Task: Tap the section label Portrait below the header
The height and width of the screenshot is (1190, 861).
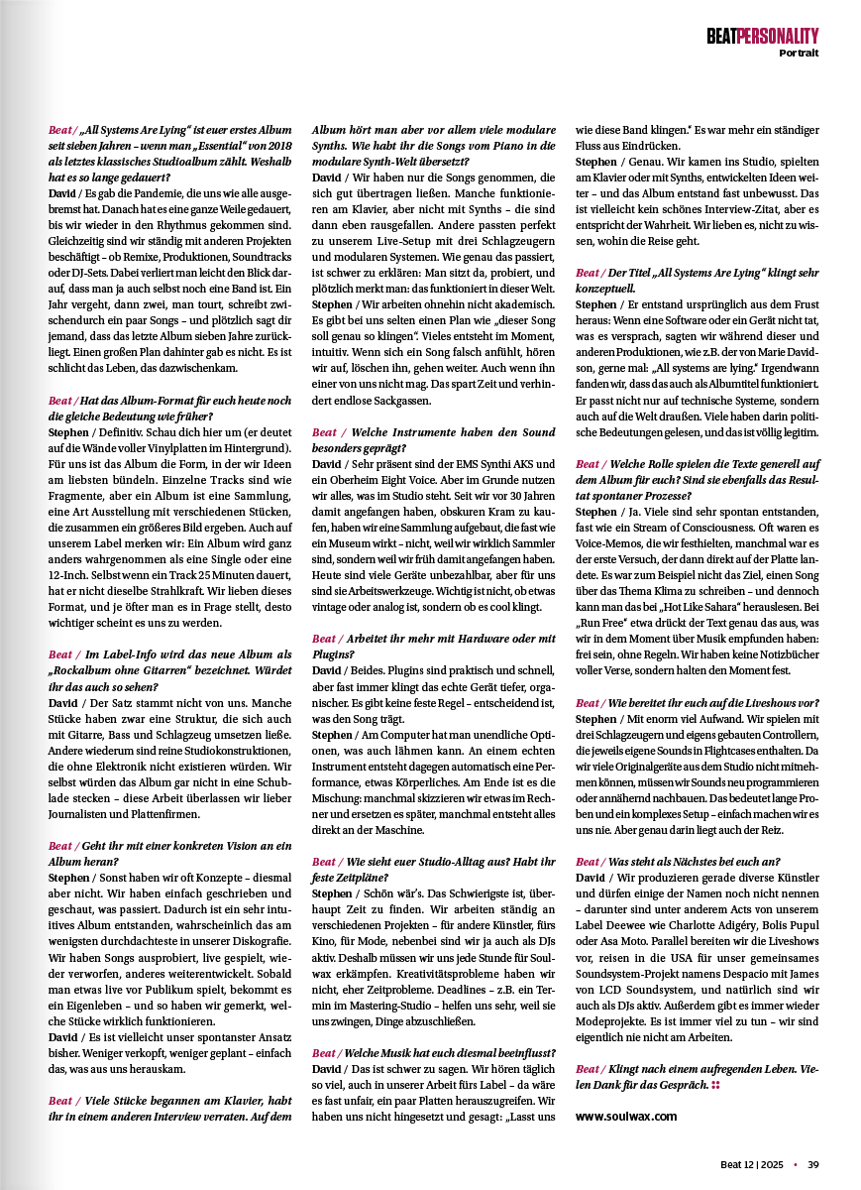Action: coord(799,53)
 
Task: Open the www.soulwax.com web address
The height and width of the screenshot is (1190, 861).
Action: coord(626,1115)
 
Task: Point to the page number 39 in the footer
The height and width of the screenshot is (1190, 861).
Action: coord(812,1164)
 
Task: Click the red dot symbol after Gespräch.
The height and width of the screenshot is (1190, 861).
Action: coord(714,1086)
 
